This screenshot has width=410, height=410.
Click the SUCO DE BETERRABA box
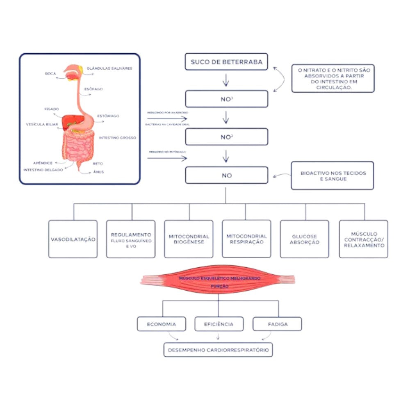(226, 63)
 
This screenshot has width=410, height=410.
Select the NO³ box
(226, 99)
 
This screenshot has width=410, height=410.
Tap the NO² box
(226, 137)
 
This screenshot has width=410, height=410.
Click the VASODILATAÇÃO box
(73, 239)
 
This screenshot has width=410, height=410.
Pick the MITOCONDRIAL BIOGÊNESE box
(189, 239)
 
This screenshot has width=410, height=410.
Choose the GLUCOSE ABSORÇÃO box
(304, 239)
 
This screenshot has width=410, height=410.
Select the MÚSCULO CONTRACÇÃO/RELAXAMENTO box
(363, 239)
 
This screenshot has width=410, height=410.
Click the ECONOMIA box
(161, 324)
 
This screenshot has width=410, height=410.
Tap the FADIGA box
(278, 324)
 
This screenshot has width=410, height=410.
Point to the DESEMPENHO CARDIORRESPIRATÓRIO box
(218, 350)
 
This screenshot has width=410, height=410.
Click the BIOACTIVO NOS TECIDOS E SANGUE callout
(333, 176)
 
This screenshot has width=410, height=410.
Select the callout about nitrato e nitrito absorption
(333, 78)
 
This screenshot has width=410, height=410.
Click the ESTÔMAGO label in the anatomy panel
(108, 116)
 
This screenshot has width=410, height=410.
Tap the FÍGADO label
(52, 109)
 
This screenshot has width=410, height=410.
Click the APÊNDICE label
(43, 163)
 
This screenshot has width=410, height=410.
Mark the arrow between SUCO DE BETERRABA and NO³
(225, 80)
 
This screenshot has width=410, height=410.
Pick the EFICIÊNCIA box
(219, 324)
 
